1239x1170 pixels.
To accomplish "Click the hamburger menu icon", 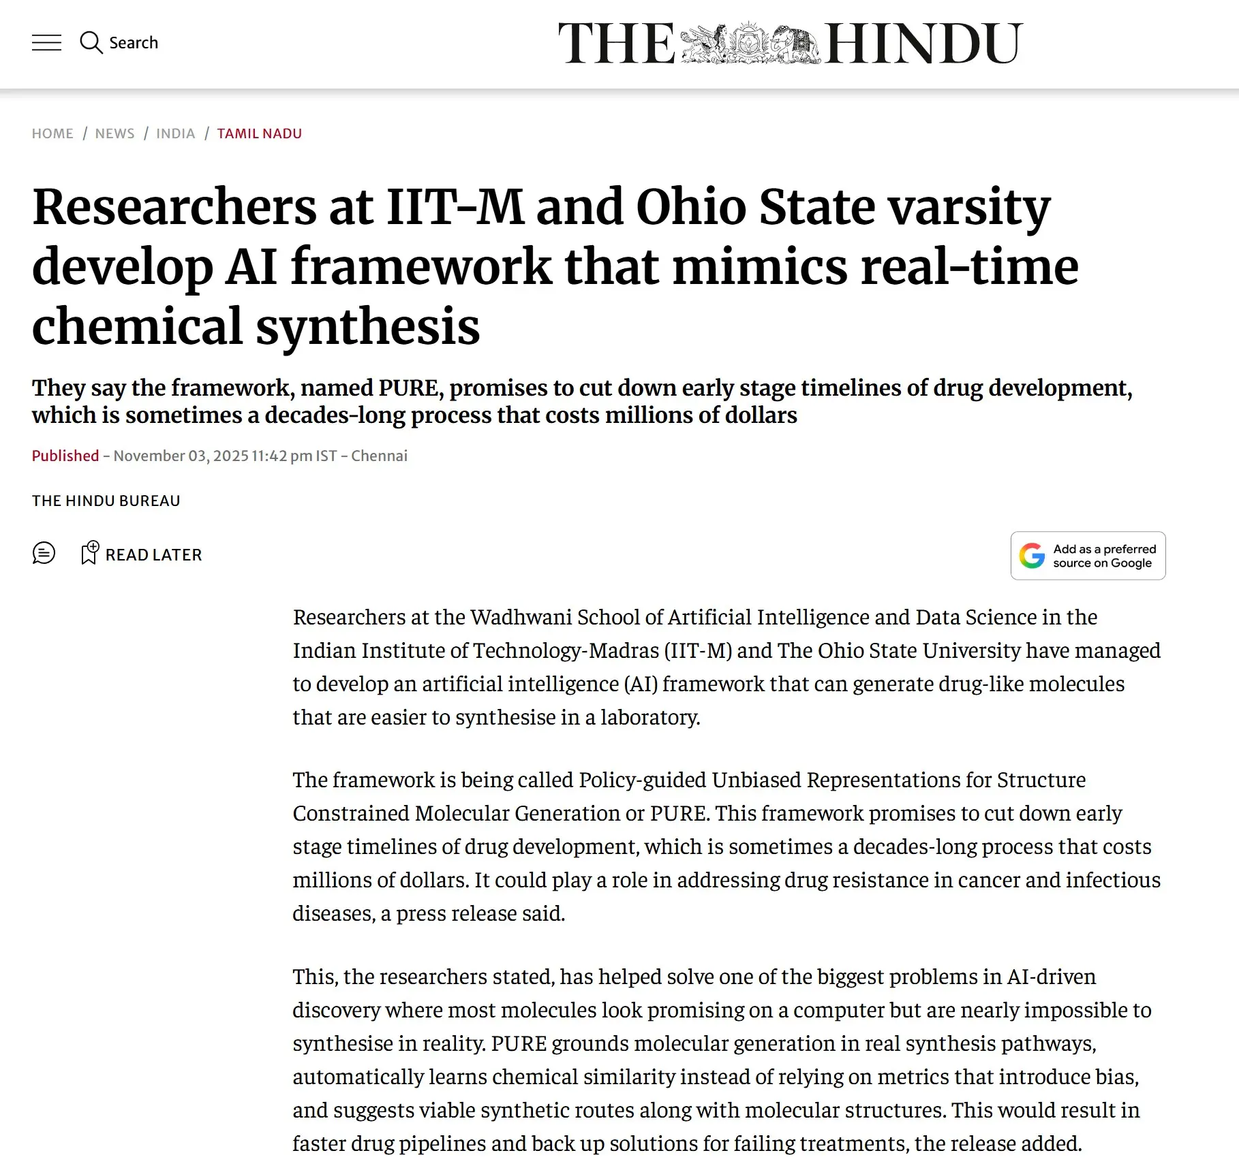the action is pos(46,43).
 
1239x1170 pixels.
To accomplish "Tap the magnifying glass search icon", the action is pos(91,43).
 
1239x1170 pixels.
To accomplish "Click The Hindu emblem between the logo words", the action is pos(750,43).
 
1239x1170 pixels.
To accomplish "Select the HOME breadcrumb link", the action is pos(52,133).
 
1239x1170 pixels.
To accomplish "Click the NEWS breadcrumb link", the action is pos(114,133).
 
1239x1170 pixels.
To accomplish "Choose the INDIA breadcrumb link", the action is pos(175,133).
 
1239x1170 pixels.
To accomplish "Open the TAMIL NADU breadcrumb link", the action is pos(259,133).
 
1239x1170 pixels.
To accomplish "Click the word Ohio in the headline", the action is pos(690,206).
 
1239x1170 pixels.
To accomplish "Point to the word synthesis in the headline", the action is pos(368,326).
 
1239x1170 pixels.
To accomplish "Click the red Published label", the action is pos(65,456).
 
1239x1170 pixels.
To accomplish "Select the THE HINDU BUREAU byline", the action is pos(106,501).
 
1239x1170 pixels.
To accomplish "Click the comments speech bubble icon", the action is pos(44,553).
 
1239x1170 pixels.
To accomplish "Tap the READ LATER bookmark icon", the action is pos(89,553).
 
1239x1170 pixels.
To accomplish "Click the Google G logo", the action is pos(1032,556).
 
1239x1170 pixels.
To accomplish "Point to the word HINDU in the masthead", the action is pos(923,43).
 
